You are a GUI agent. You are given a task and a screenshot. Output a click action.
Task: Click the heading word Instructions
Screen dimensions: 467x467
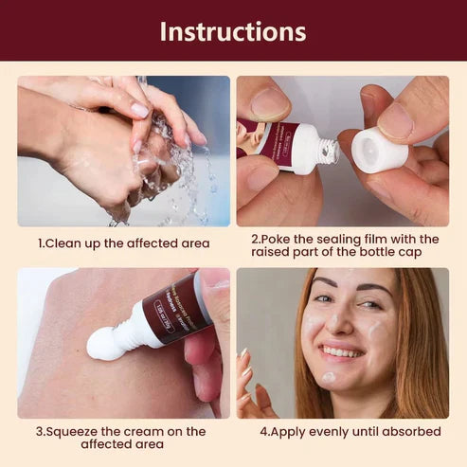click(x=233, y=30)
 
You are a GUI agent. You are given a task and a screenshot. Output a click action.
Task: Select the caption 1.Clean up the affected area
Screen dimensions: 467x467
click(x=123, y=243)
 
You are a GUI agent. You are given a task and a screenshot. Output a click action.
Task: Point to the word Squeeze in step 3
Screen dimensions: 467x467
click(x=79, y=431)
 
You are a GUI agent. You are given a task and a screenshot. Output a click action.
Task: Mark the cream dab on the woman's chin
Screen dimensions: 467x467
click(x=328, y=377)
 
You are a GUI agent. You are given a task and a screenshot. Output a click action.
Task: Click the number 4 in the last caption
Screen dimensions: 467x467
click(x=264, y=431)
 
